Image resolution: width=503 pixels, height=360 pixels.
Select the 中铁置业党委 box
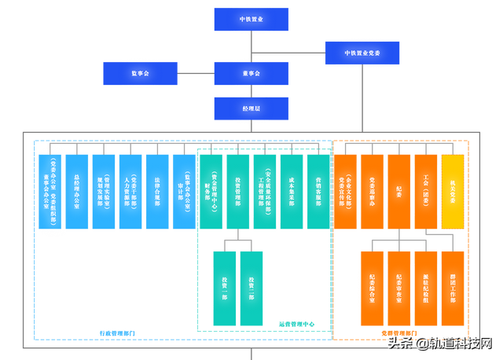361,53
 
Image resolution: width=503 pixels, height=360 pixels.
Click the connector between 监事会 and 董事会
195,73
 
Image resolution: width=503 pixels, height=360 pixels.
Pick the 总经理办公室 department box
77,191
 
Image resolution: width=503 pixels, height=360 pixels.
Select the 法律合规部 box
157,191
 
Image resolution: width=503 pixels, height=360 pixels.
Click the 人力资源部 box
130,191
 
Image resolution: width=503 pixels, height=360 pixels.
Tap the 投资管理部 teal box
237,191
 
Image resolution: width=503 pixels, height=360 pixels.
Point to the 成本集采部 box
291,191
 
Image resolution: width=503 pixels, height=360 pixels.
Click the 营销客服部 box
318,191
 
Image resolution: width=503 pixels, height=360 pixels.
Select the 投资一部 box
224,288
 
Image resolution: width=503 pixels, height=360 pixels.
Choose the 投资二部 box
251,288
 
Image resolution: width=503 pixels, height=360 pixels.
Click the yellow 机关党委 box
453,191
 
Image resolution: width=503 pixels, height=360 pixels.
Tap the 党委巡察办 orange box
372,191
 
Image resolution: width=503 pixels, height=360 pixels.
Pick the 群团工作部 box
453,288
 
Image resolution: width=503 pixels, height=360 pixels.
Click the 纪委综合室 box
372,288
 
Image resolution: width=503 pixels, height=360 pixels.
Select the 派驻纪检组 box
426,288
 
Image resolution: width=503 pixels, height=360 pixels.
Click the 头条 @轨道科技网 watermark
439,343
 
